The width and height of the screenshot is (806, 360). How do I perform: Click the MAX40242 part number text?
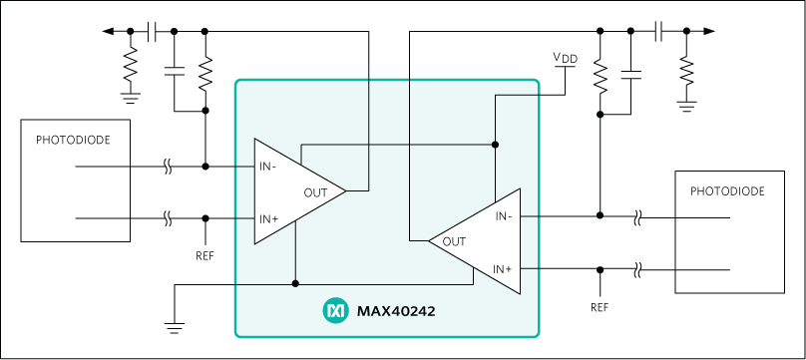[396, 311]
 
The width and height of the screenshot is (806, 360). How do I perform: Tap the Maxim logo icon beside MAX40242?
[334, 311]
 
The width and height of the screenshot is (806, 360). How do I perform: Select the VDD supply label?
[565, 58]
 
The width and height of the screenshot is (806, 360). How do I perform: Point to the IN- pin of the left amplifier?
[268, 166]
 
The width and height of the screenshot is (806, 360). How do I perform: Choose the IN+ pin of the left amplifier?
[268, 218]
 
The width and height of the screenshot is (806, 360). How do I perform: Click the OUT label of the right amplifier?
[454, 240]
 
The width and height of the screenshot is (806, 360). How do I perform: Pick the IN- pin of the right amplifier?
[504, 214]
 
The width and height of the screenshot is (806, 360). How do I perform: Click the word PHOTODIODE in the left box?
[75, 141]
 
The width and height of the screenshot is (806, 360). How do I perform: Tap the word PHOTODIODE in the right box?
[727, 190]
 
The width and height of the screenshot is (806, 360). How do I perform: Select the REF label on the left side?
[204, 255]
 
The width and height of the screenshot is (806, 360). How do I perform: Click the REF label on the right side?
[600, 307]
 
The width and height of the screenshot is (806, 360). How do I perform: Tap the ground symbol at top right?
[685, 103]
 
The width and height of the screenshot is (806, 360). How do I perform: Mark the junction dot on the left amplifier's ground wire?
[296, 283]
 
